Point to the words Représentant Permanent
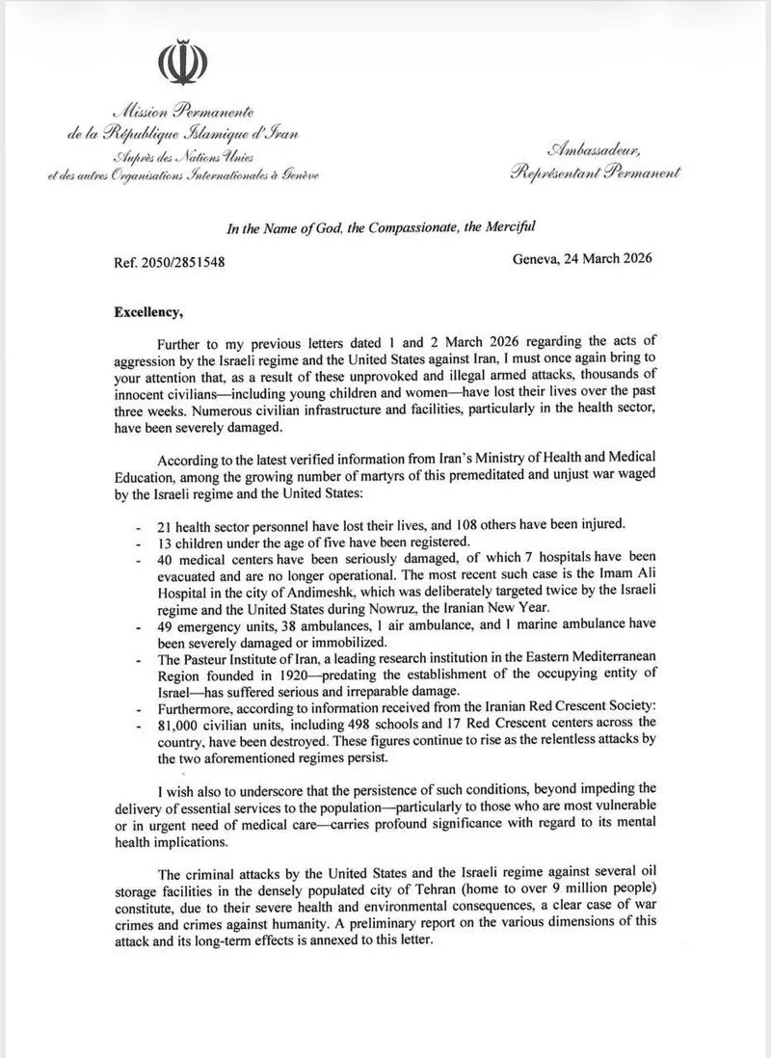pos(596,172)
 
